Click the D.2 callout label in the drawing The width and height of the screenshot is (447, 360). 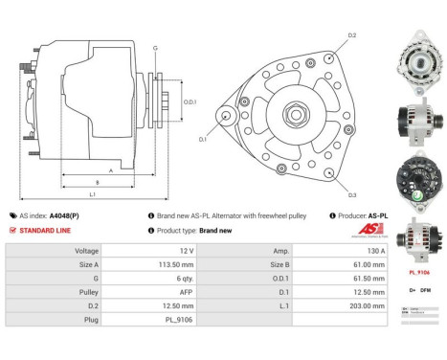(x=352, y=35)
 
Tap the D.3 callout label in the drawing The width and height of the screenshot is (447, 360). (x=352, y=195)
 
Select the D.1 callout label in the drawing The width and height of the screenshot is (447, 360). (x=203, y=140)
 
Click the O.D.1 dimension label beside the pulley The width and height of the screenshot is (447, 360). (x=190, y=102)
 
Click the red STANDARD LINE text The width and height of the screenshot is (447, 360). (x=50, y=230)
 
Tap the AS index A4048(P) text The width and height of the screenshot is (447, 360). (x=56, y=216)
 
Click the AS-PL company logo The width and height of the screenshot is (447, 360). (x=358, y=231)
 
